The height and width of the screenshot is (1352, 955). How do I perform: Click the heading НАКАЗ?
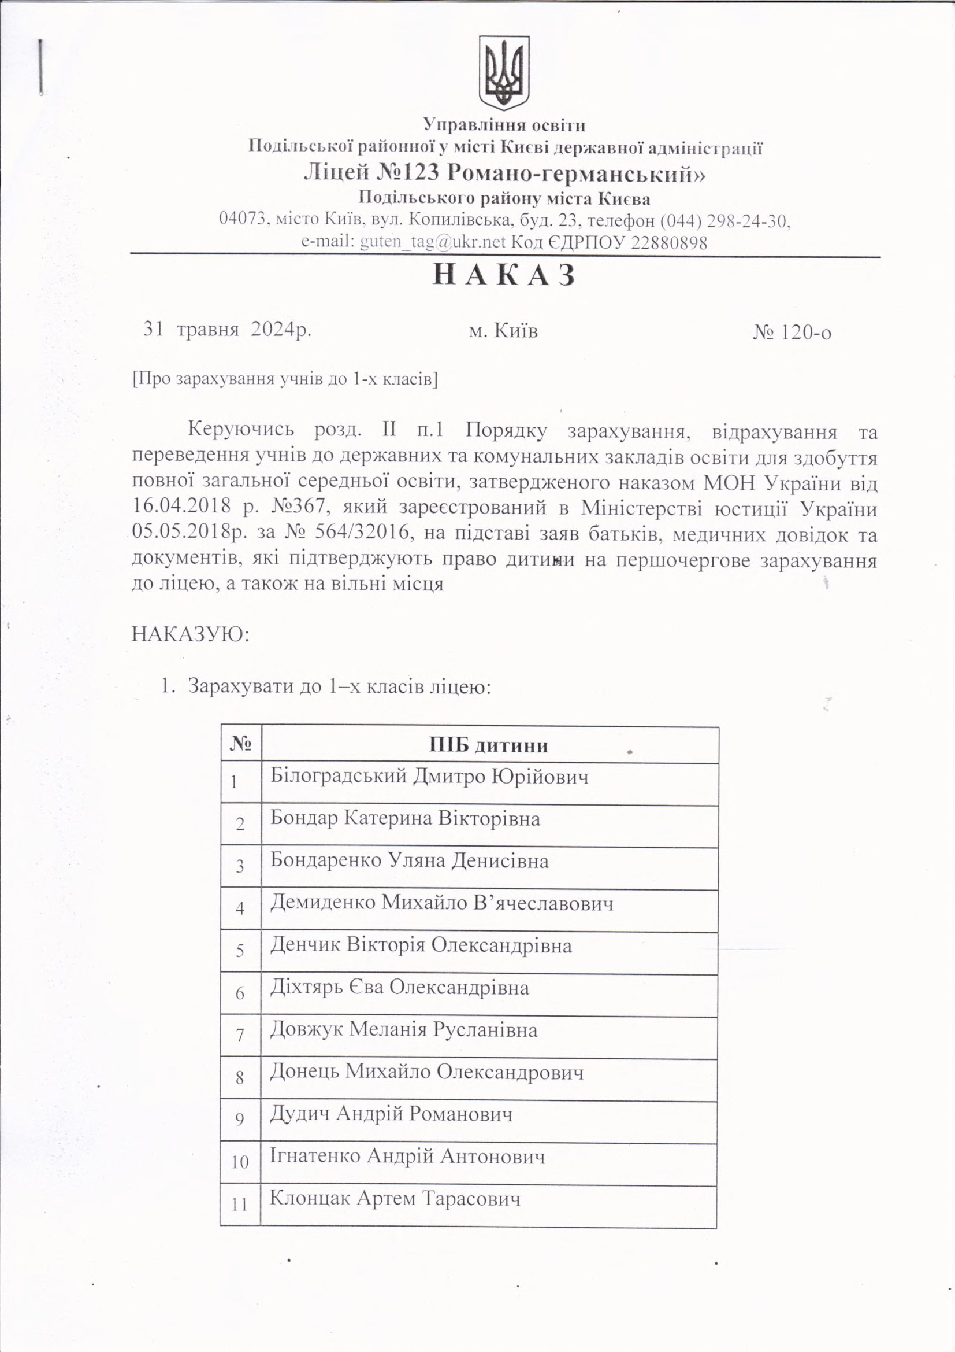[504, 276]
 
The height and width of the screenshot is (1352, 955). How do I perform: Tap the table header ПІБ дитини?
[488, 745]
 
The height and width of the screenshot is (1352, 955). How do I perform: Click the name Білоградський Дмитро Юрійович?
[429, 777]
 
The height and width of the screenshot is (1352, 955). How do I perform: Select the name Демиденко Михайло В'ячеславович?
[441, 903]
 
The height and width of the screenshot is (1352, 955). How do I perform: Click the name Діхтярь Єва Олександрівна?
[400, 988]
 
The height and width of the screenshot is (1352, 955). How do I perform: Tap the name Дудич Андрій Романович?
[391, 1114]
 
